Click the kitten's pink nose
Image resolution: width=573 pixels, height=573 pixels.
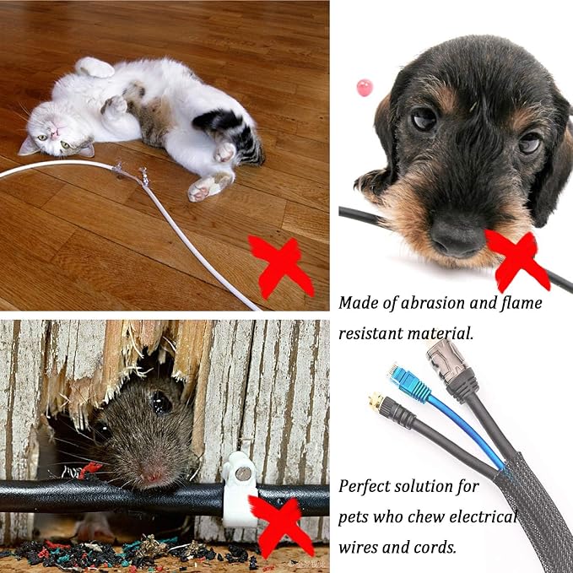pyautogui.click(x=55, y=134)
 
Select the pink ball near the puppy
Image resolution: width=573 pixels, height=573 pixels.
pyautogui.click(x=365, y=88)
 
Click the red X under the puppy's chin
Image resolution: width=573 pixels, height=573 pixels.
pyautogui.click(x=517, y=260)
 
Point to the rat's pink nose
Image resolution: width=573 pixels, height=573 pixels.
pyautogui.click(x=153, y=475)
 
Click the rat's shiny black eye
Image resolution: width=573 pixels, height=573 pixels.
pyautogui.click(x=161, y=402)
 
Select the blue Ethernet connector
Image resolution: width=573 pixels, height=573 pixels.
pyautogui.click(x=409, y=381)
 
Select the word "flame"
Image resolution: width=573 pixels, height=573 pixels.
pyautogui.click(x=521, y=303)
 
